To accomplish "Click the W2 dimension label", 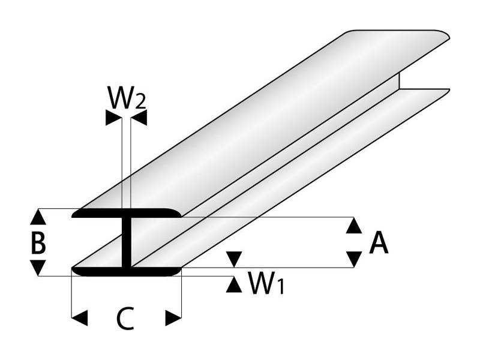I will tap(126, 97).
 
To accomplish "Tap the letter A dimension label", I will tap(379, 243).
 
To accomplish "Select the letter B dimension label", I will tap(38, 244).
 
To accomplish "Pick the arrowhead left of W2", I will tap(113, 119).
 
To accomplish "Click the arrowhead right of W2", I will tap(139, 119).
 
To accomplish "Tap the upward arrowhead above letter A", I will tap(355, 226).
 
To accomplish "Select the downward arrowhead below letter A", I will tap(355, 259).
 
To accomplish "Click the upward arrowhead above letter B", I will tap(38, 217).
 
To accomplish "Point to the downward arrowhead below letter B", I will tap(38, 268).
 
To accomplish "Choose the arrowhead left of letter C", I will tap(80, 317).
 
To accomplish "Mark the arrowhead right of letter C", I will tap(173, 317).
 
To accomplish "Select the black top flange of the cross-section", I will tap(126, 214).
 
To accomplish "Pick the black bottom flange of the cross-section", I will tap(126, 272).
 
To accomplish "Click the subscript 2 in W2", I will tap(139, 101).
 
